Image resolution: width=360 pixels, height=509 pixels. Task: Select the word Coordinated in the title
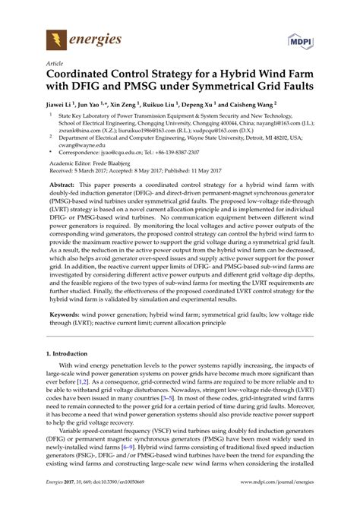point(83,77)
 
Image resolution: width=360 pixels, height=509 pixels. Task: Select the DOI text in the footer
point(118,501)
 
